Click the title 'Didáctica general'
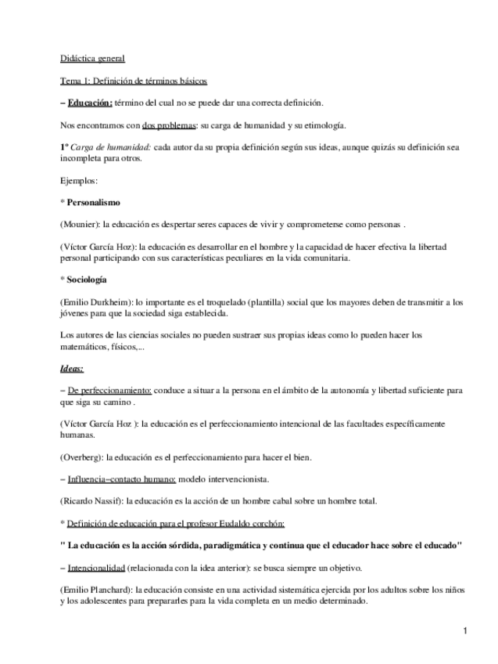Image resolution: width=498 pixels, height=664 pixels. click(x=91, y=59)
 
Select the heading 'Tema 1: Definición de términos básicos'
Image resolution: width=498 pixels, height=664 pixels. click(x=134, y=81)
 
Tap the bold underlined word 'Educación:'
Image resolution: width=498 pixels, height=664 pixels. click(x=90, y=103)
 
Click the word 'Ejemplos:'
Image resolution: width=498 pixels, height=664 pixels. click(x=79, y=180)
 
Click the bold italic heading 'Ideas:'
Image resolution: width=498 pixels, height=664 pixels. click(x=72, y=367)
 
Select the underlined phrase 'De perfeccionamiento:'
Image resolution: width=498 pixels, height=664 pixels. click(x=110, y=389)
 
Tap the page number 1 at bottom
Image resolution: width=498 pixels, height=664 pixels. click(x=464, y=631)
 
